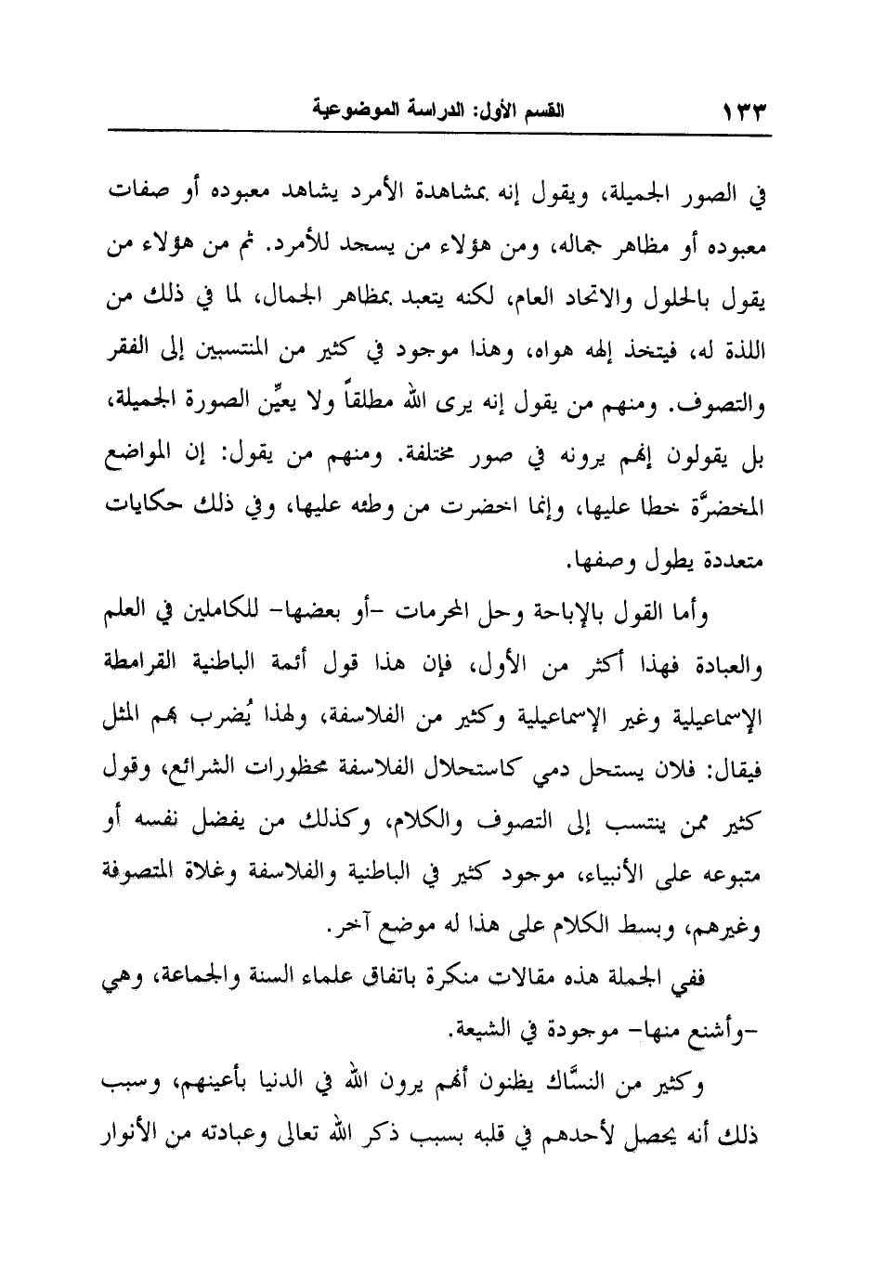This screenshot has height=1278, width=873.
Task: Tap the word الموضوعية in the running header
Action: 345,116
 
